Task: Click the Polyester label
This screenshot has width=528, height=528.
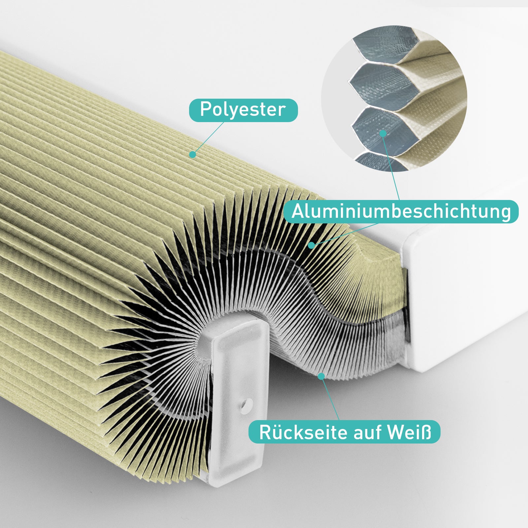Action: (243, 110)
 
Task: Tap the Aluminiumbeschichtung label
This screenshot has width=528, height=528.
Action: (401, 212)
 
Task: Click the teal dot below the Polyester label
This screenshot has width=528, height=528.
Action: (192, 154)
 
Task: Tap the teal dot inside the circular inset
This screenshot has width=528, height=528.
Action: (383, 133)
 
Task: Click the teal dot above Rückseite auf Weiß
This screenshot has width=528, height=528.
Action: (321, 376)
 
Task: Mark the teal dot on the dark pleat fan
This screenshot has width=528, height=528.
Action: (311, 245)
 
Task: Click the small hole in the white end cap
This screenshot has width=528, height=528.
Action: (244, 403)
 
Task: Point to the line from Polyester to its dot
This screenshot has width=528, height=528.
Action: (208, 138)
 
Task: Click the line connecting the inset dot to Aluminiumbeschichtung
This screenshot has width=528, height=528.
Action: (391, 167)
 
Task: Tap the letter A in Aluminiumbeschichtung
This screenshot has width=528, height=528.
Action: (298, 212)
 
